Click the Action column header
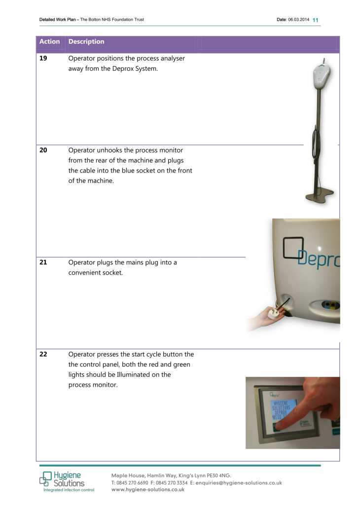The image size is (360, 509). [49, 42]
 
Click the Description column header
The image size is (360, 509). [86, 42]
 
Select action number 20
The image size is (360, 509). [43, 150]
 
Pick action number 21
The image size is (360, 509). [43, 262]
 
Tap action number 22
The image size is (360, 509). [43, 355]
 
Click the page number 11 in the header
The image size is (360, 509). [316, 20]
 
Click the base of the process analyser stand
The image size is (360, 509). [320, 197]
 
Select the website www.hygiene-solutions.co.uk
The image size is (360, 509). [148, 489]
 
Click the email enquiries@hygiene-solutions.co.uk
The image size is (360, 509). [239, 482]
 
